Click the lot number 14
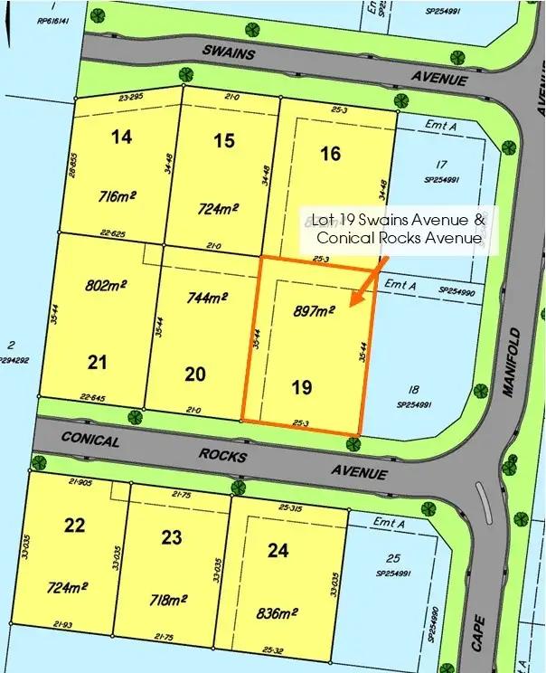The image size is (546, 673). (x=121, y=137)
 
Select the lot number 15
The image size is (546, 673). (x=224, y=140)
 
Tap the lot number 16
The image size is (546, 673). (x=330, y=153)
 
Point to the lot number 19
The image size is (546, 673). (x=303, y=387)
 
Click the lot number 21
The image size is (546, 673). (x=98, y=363)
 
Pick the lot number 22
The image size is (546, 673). (x=75, y=525)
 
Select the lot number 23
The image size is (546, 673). (x=172, y=536)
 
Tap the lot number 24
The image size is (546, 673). (x=278, y=548)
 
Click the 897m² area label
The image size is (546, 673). (x=314, y=310)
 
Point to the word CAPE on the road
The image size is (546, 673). (x=478, y=634)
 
